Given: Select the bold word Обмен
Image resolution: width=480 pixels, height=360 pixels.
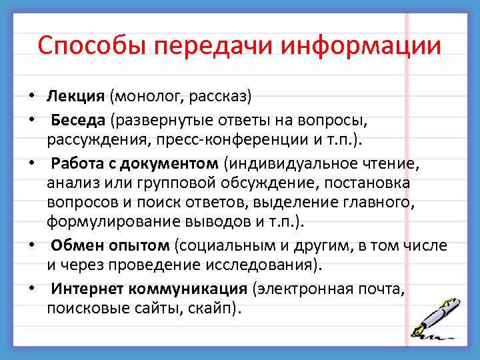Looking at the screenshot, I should tap(73, 246).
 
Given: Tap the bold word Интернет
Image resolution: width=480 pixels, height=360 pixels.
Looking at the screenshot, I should tap(84, 289).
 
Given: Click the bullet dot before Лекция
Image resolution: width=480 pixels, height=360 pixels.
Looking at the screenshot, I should tap(32, 97).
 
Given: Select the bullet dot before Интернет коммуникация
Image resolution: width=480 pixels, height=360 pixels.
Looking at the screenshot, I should tap(32, 290).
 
